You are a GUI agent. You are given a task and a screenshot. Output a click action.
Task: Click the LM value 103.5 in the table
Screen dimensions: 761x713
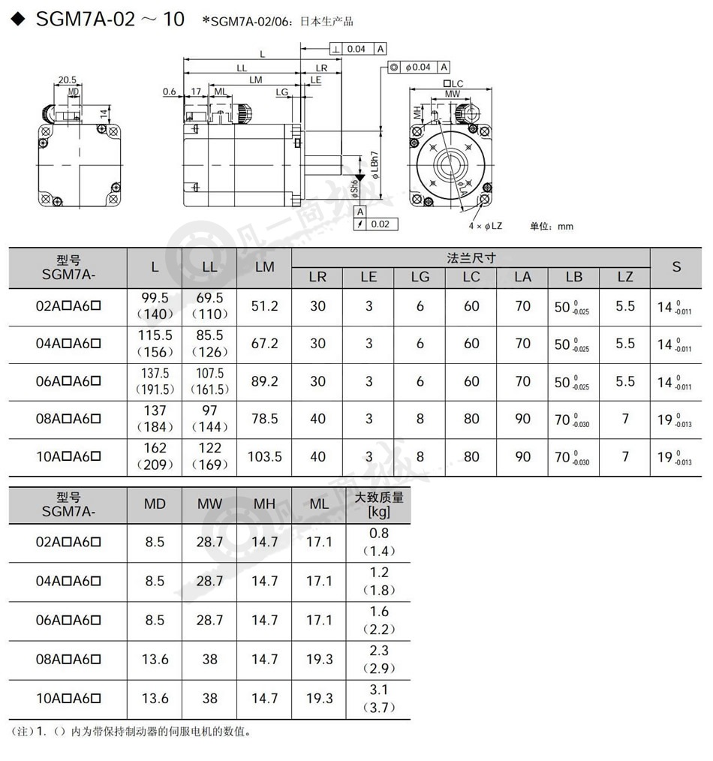[x=264, y=456]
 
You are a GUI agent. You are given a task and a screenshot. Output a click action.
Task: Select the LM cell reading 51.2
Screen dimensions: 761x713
[x=264, y=306]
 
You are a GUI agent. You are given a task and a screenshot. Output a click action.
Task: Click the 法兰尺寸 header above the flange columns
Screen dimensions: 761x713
[x=471, y=257]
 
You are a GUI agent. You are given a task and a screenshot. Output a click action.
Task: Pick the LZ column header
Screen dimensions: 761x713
[x=624, y=277]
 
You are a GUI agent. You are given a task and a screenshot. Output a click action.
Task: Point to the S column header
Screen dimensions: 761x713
[x=676, y=267]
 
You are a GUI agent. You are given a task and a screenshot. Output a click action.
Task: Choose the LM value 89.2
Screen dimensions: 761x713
[x=264, y=381]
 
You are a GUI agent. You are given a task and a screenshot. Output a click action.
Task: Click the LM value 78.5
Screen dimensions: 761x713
[x=264, y=419]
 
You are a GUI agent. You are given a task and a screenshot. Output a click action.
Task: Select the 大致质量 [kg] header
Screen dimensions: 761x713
[x=378, y=504]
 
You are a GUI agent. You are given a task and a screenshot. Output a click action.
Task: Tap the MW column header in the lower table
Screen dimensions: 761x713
[x=209, y=504]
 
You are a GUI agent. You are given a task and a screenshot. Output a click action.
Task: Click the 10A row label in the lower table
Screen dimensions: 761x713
[x=68, y=698]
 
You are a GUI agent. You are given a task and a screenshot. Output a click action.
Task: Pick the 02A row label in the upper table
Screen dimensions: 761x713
[x=68, y=306]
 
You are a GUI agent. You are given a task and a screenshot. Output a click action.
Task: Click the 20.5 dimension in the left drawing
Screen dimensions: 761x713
[x=68, y=80]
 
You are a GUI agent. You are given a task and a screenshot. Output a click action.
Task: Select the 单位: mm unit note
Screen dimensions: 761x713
[x=552, y=226]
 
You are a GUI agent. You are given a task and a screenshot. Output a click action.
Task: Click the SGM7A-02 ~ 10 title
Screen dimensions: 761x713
[x=110, y=20]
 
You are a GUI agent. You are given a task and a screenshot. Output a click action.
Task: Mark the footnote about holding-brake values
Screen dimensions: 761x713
[x=131, y=732]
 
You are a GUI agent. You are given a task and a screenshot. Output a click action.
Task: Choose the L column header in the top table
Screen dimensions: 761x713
[x=155, y=267]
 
